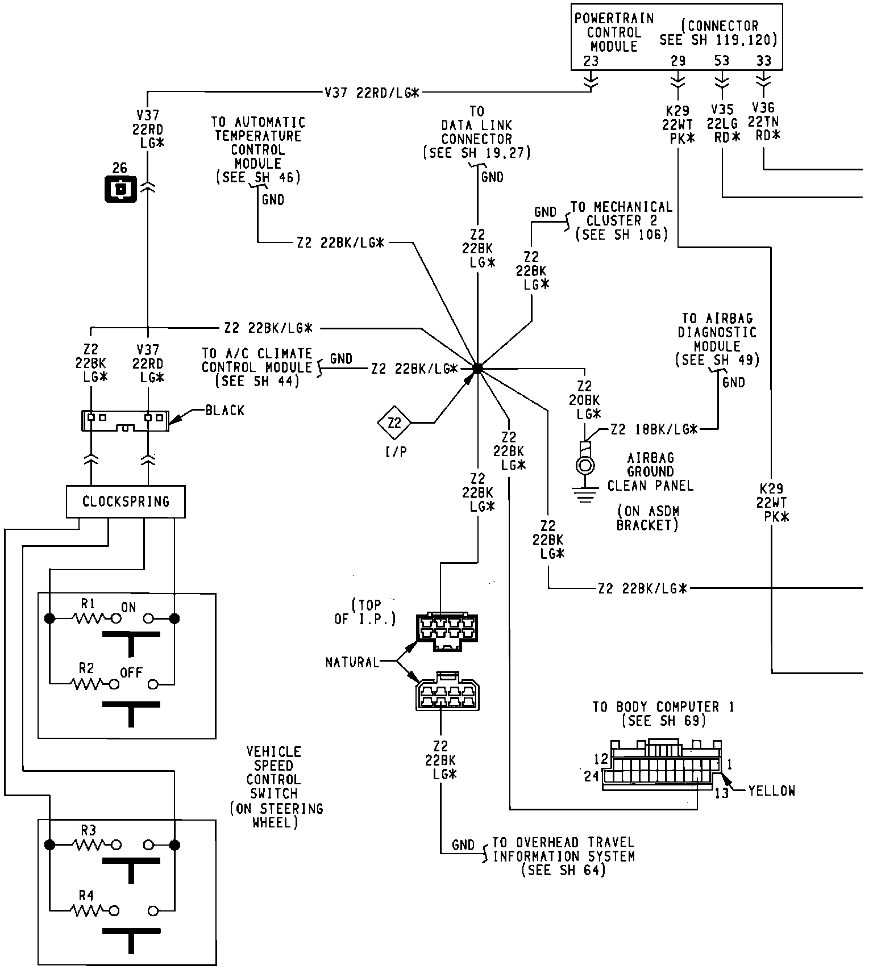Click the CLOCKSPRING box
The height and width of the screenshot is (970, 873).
tap(126, 501)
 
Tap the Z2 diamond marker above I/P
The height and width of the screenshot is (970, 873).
tap(394, 423)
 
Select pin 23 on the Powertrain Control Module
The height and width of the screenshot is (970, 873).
tap(591, 61)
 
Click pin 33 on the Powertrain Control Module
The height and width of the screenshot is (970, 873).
tap(764, 61)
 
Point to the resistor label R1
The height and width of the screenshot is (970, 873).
tap(87, 603)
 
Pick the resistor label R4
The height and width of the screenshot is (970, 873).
tap(86, 896)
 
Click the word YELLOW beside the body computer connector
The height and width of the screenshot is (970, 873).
tap(771, 790)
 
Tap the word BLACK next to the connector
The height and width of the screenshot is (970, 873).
tap(225, 410)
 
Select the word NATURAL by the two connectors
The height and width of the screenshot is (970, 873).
tap(352, 662)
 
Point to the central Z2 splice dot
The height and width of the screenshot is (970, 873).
tap(477, 368)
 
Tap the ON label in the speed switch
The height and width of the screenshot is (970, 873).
tap(128, 607)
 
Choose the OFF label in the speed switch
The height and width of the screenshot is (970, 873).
tap(131, 672)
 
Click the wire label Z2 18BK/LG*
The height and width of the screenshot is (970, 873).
tap(654, 430)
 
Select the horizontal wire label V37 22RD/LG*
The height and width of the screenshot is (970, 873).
tap(372, 93)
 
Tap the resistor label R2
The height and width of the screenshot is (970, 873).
tap(86, 668)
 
